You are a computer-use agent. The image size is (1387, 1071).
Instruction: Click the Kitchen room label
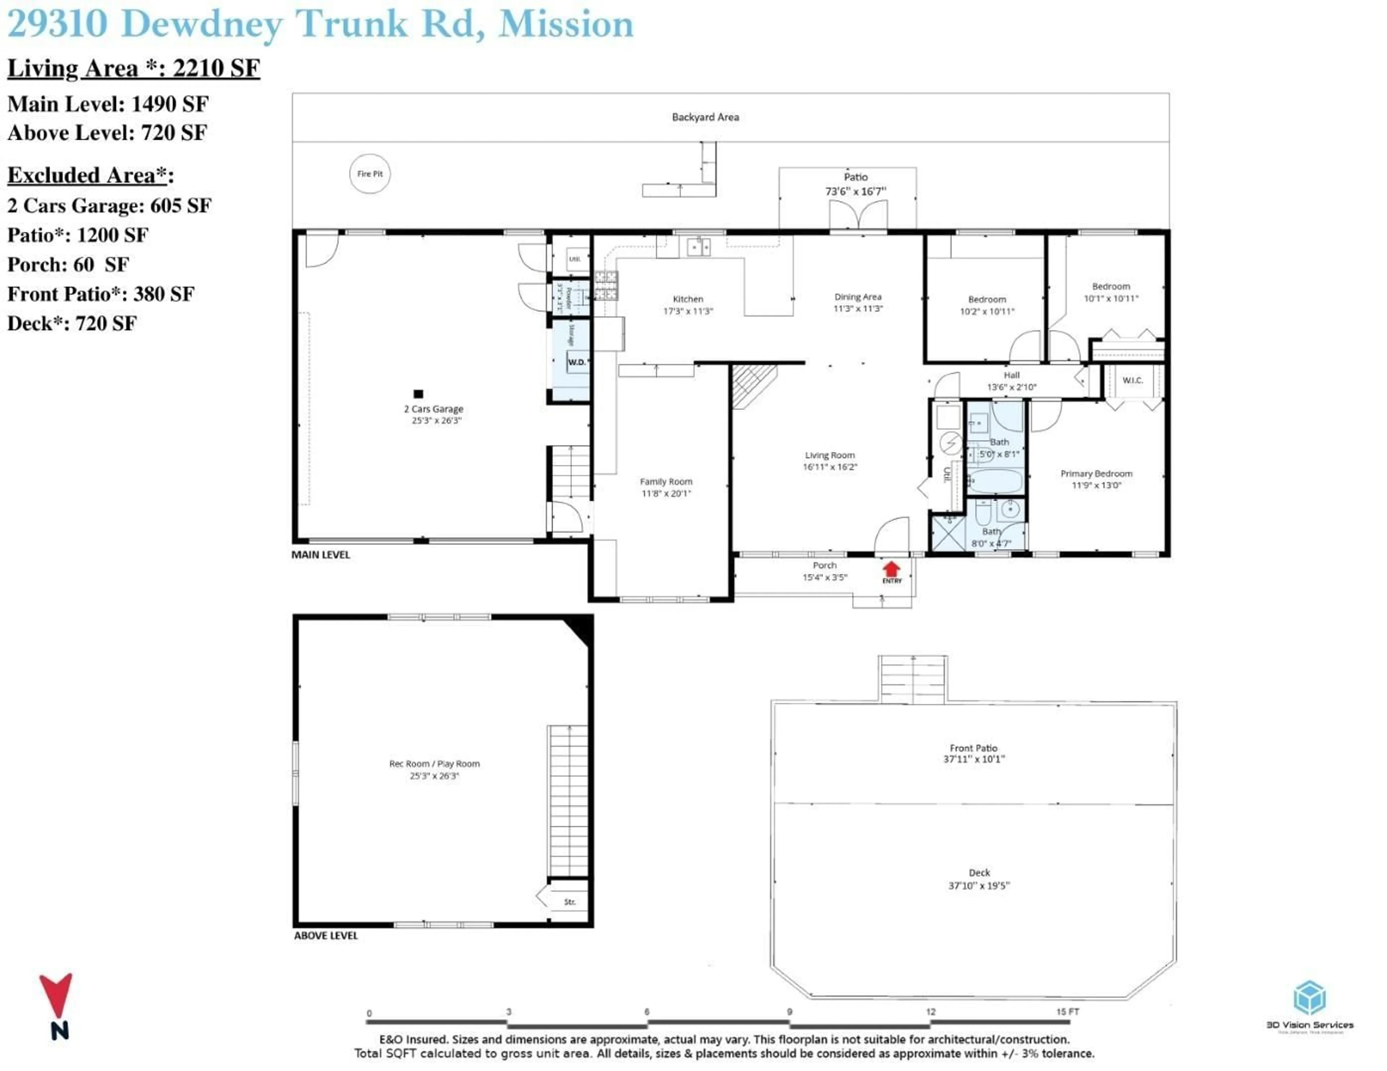688,299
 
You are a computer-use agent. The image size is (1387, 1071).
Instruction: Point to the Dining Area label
858,296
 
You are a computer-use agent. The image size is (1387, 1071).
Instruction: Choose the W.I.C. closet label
1132,380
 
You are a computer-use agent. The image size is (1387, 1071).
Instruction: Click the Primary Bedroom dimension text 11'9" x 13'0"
1096,486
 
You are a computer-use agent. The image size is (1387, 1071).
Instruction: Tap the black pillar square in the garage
418,393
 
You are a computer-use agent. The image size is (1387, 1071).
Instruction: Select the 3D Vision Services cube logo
1309,997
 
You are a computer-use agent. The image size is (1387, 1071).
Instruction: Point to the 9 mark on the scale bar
789,1012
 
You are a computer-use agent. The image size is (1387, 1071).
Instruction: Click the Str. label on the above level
570,901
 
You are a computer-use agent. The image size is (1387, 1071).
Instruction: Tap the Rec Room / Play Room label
435,764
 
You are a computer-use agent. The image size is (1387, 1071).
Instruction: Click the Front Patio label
973,748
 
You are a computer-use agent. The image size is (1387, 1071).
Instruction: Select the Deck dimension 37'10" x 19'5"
978,885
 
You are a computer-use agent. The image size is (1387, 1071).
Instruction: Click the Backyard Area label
705,117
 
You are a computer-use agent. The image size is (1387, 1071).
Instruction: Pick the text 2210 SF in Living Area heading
216,68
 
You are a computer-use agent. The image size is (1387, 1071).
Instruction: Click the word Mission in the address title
566,24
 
